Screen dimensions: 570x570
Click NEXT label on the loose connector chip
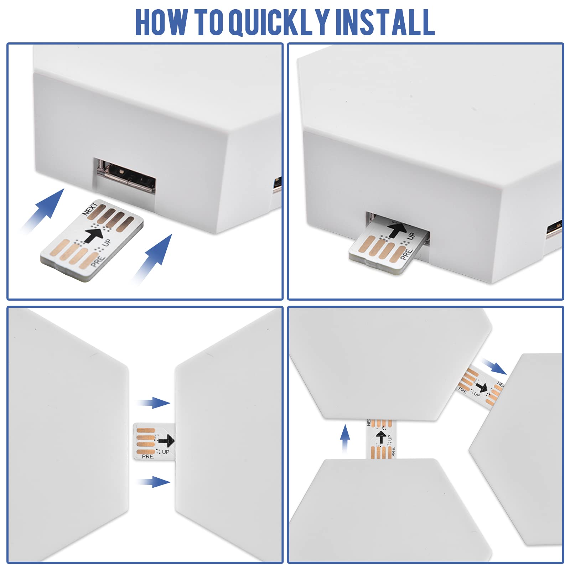(90, 209)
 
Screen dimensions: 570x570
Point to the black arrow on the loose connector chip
(94, 235)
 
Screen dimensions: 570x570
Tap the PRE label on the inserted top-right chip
(406, 254)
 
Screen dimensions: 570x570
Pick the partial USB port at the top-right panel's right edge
(555, 228)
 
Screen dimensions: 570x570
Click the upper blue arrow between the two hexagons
(153, 403)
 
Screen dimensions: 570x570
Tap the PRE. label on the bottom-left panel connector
(148, 456)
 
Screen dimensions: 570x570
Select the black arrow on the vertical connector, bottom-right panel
(381, 437)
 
